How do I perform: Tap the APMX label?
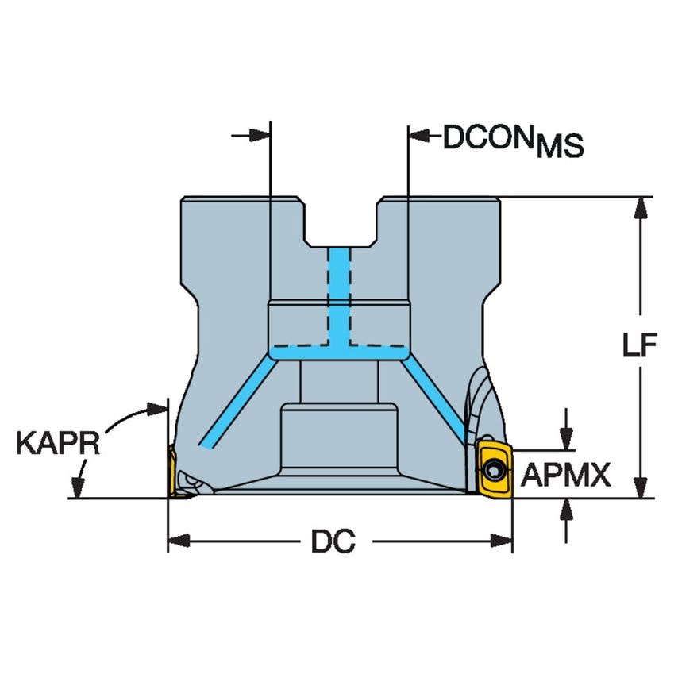[x=565, y=476]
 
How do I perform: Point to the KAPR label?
[x=58, y=443]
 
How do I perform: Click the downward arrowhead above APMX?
[x=565, y=439]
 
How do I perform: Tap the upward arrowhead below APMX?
[x=565, y=509]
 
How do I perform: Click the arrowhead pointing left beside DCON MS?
[x=418, y=136]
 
